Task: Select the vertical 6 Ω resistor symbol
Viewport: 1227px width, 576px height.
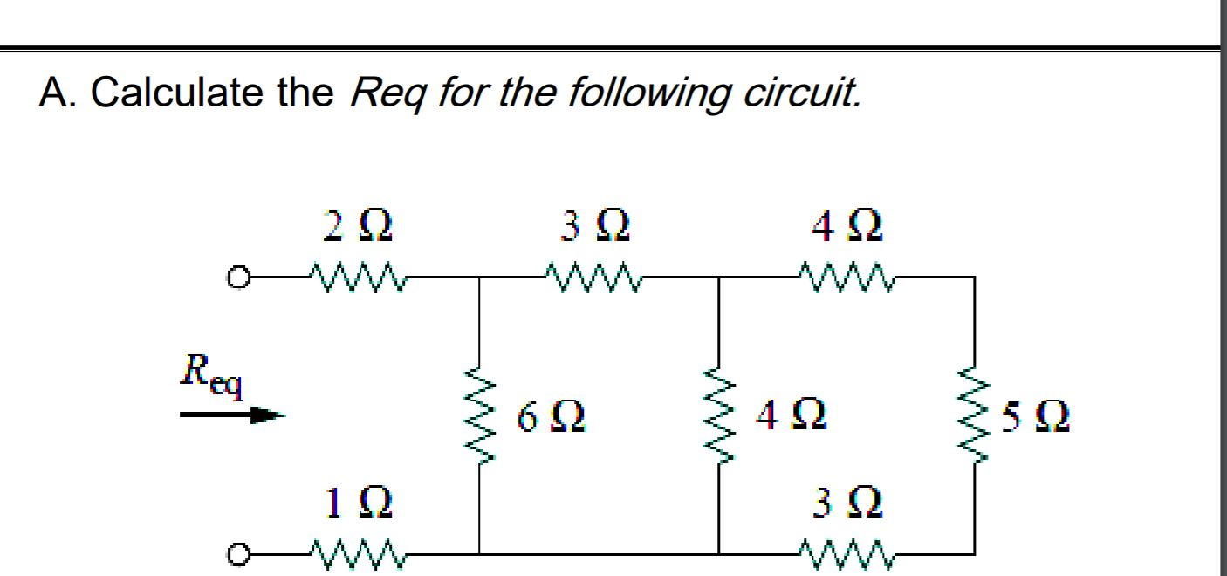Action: pyautogui.click(x=477, y=415)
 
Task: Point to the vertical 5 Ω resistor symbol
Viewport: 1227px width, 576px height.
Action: pyautogui.click(x=974, y=415)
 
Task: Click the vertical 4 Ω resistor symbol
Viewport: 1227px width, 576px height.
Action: pyautogui.click(x=718, y=415)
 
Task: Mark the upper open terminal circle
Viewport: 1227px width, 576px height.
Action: pyautogui.click(x=236, y=278)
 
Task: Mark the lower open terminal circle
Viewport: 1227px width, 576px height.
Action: pyautogui.click(x=236, y=553)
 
